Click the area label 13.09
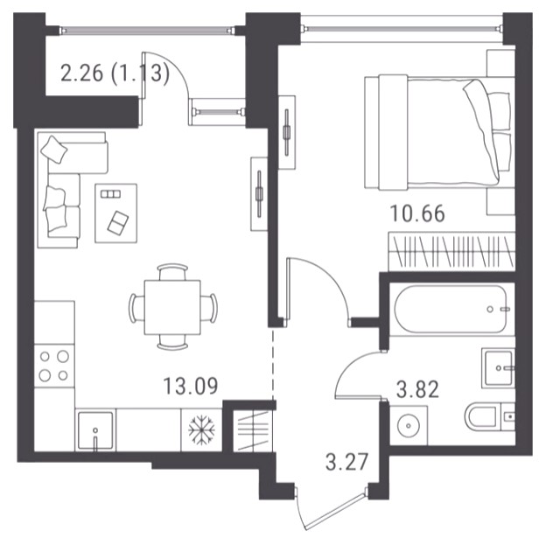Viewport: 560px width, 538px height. click(x=190, y=386)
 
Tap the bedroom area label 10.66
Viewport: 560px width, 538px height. click(x=417, y=213)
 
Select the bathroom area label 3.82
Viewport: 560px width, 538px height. click(x=417, y=389)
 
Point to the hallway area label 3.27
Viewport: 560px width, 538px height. click(x=346, y=462)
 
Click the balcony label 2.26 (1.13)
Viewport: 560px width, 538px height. click(x=115, y=73)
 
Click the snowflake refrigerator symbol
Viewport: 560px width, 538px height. click(x=202, y=430)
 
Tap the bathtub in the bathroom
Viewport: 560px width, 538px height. click(x=451, y=309)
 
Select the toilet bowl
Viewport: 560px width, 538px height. click(x=481, y=416)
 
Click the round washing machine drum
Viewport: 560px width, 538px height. click(x=409, y=425)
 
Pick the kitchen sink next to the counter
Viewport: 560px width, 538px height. click(x=95, y=431)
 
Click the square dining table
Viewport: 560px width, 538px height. click(x=172, y=307)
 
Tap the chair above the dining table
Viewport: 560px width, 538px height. click(x=172, y=272)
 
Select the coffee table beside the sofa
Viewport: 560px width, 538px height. click(x=115, y=213)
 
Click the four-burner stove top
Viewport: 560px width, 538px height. click(x=54, y=366)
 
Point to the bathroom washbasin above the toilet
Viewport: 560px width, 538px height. click(x=498, y=368)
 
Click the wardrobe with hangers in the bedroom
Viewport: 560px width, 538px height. click(x=451, y=251)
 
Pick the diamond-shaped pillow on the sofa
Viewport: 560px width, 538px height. click(x=54, y=150)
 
